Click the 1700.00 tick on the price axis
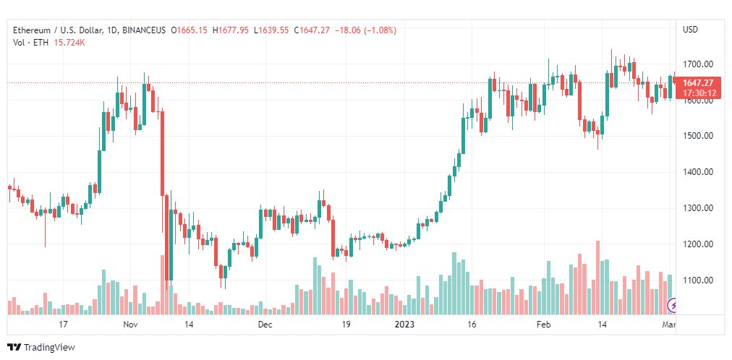(699, 64)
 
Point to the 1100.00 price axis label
(699, 280)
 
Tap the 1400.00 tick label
(699, 172)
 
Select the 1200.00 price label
(699, 244)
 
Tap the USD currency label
(691, 30)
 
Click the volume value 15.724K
(70, 43)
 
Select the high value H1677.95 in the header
(231, 30)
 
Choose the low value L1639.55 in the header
(271, 30)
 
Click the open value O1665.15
(190, 30)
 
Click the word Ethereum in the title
(32, 30)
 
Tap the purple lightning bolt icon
(673, 306)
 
